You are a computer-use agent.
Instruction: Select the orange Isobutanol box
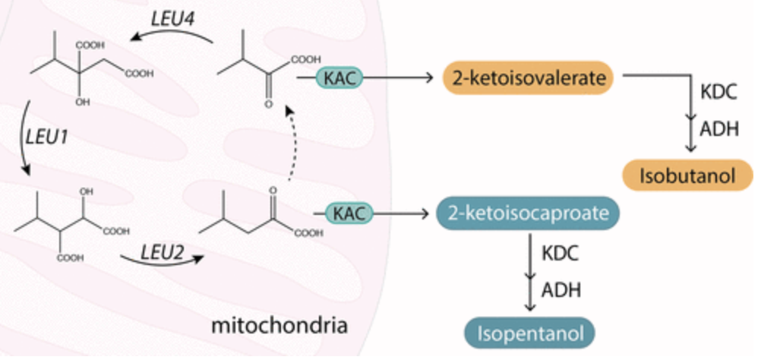tap(688, 175)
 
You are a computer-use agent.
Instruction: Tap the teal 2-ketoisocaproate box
tap(529, 213)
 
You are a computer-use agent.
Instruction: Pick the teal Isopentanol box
tap(529, 332)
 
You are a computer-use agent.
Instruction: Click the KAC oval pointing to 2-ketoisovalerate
tap(339, 77)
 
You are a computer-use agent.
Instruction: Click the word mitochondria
tap(279, 327)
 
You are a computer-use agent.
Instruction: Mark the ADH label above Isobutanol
tap(718, 128)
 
